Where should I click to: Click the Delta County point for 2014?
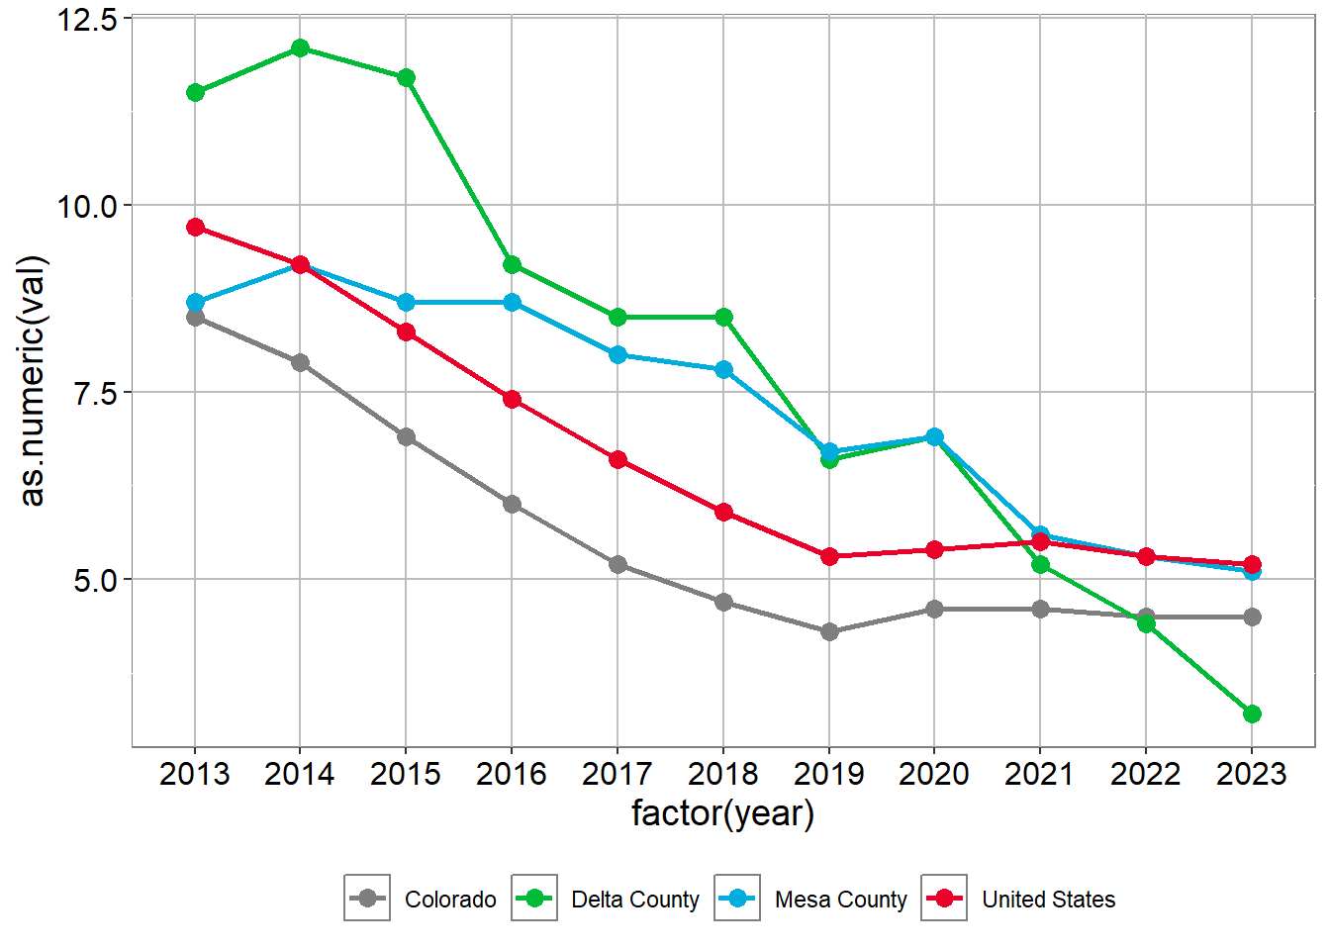[x=300, y=48]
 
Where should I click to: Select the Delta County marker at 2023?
[x=1252, y=713]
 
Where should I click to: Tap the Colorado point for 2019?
[x=829, y=631]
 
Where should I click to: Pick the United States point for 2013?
[x=195, y=228]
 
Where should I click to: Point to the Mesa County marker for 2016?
[x=512, y=302]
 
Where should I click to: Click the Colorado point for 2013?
[x=195, y=317]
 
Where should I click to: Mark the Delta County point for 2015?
[x=406, y=78]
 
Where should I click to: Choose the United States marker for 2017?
[x=617, y=459]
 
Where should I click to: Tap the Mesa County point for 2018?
[x=723, y=369]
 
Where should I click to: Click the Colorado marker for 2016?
[x=512, y=504]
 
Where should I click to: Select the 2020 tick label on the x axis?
[x=934, y=774]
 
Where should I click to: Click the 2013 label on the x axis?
[x=195, y=774]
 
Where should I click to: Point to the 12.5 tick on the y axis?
[x=87, y=20]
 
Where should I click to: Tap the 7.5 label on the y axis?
[x=96, y=393]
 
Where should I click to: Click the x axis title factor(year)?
[x=722, y=813]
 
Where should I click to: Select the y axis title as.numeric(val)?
[x=33, y=381]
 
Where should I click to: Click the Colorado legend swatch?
[x=367, y=899]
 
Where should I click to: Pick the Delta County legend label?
[x=635, y=900]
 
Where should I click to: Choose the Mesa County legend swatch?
[x=737, y=899]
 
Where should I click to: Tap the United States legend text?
[x=1048, y=900]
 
